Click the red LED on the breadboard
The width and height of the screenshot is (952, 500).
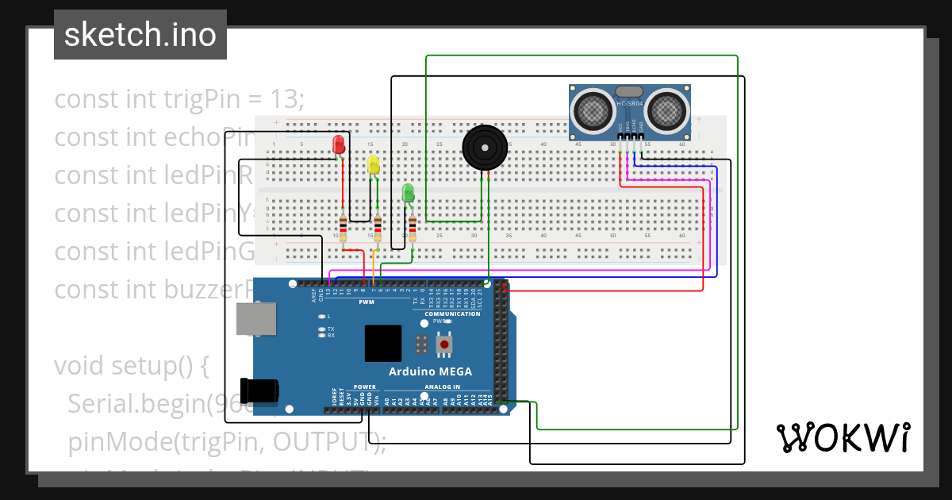(x=339, y=144)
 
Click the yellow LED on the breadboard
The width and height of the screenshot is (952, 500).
(x=374, y=164)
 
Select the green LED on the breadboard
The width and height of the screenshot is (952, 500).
(x=408, y=192)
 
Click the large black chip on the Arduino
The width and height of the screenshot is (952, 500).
(x=382, y=343)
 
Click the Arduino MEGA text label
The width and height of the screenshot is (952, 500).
(x=430, y=371)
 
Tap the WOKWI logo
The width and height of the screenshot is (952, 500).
(x=843, y=437)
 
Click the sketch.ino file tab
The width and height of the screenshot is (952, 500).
(x=140, y=35)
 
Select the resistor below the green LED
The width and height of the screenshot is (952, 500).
(x=412, y=229)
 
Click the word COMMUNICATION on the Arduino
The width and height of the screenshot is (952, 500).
(x=452, y=313)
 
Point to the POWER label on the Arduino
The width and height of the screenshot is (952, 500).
(x=364, y=387)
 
